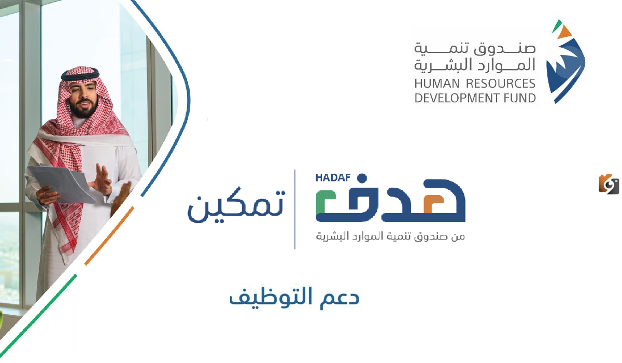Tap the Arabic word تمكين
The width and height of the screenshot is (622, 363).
click(236, 208)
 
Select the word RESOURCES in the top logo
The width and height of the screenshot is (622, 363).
click(501, 83)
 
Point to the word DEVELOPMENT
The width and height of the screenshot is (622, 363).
click(456, 97)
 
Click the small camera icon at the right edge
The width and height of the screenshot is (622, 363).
click(609, 184)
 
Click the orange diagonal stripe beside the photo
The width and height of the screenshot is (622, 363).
click(109, 236)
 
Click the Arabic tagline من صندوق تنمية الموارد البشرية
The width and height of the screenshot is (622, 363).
click(391, 236)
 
